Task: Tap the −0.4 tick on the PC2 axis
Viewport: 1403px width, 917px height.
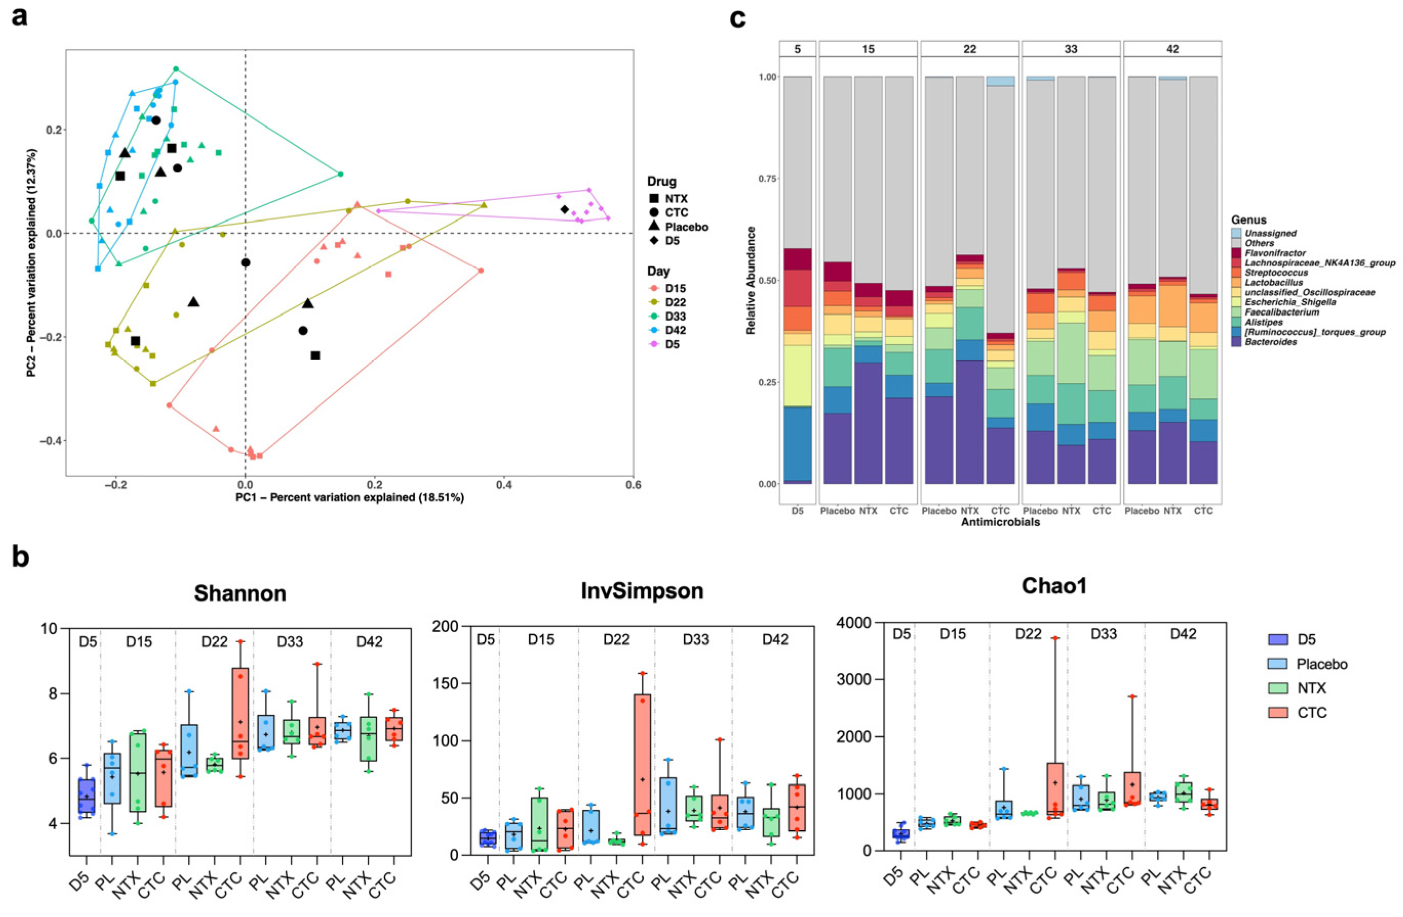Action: pos(52,440)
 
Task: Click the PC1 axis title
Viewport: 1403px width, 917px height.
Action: pos(349,498)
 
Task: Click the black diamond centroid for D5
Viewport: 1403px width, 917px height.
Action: pos(564,209)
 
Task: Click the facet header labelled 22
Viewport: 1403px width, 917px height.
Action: pos(969,49)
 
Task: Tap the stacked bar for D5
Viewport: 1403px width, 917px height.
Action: pos(797,280)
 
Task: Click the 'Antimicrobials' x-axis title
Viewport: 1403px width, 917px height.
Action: pos(1000,522)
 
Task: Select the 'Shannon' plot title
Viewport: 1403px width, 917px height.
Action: pos(240,593)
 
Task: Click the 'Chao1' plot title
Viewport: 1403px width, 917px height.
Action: pos(1054,586)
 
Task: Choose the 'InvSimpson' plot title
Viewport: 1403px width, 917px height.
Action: pos(642,591)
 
